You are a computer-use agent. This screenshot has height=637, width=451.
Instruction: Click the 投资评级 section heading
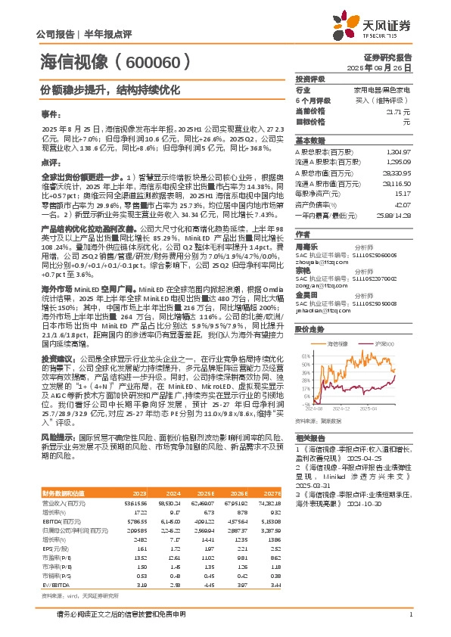(310, 79)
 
